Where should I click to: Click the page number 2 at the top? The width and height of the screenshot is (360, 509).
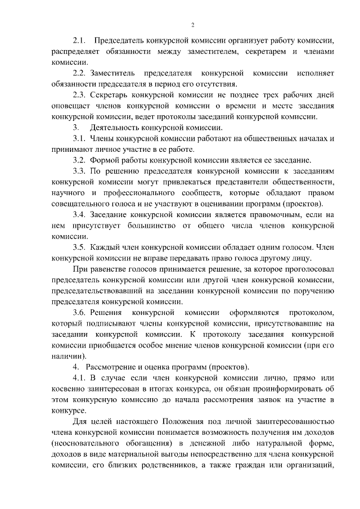[x=192, y=25]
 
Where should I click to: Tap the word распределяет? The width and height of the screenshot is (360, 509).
[x=77, y=52]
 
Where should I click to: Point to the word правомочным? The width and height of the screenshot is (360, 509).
[x=262, y=215]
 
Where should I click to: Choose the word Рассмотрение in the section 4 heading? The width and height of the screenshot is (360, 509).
[x=116, y=367]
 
